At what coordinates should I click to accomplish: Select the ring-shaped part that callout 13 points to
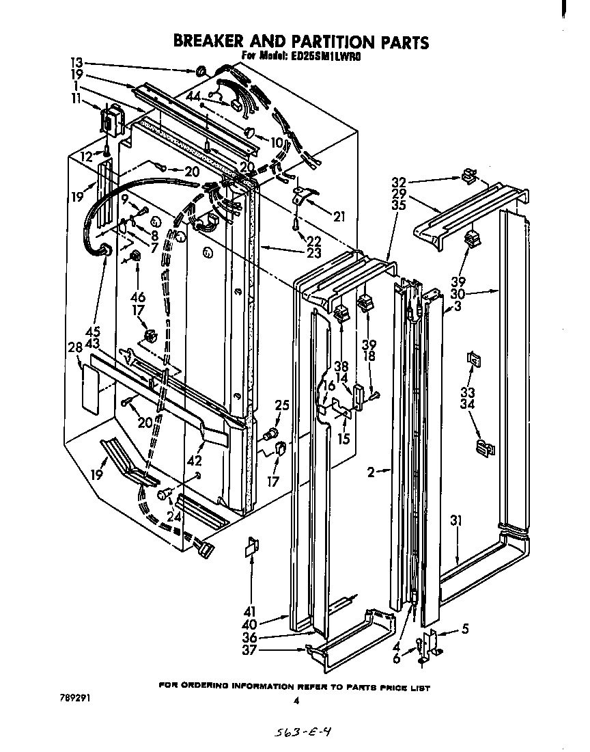pyautogui.click(x=201, y=70)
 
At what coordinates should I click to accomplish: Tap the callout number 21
pyautogui.click(x=339, y=217)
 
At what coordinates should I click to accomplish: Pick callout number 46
pyautogui.click(x=138, y=298)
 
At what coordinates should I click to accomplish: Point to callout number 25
pyautogui.click(x=281, y=405)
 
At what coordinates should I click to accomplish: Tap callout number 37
pyautogui.click(x=268, y=650)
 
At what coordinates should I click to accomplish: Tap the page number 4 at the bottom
pyautogui.click(x=296, y=700)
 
